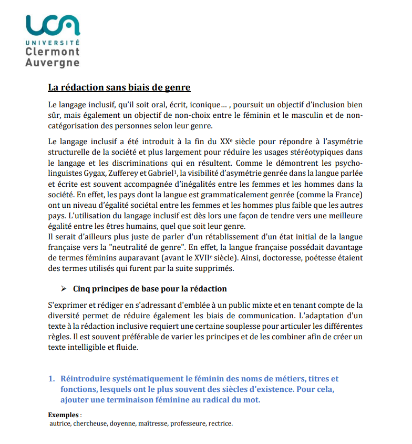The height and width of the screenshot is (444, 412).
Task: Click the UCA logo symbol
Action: click(53, 24)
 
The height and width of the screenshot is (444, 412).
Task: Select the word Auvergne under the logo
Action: click(52, 63)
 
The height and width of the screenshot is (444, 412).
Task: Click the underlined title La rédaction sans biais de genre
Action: click(119, 87)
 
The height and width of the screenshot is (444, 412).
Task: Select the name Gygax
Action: click(94, 173)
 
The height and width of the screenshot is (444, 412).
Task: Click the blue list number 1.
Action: click(51, 379)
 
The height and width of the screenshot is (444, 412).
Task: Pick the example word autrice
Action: click(60, 423)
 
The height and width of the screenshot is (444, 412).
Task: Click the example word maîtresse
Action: click(152, 423)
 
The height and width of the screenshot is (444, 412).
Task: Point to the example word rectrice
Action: click(221, 423)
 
